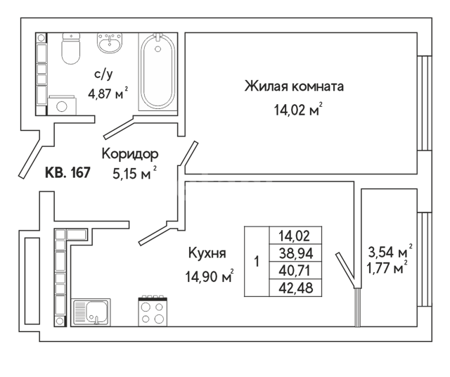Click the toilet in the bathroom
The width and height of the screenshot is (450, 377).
point(71,49)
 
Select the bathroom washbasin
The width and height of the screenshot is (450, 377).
point(110,43)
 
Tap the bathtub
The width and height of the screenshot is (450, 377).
point(157,72)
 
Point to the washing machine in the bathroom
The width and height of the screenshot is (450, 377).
point(62,106)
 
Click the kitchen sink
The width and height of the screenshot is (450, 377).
point(91,312)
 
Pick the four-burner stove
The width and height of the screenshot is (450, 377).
point(153,312)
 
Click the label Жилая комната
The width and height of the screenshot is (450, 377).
point(294,86)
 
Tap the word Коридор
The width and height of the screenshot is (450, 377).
point(130,154)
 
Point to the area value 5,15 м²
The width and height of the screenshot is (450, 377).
point(134,173)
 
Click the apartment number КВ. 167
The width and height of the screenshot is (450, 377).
point(68,172)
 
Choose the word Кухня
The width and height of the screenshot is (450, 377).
point(207,253)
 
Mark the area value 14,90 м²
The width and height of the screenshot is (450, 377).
point(210,276)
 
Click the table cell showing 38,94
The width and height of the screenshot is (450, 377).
point(295,253)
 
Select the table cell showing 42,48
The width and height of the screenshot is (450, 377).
point(295,288)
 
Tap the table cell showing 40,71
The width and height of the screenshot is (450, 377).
point(295,270)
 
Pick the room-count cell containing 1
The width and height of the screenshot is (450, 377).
point(257,261)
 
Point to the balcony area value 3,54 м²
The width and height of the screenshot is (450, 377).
point(390,252)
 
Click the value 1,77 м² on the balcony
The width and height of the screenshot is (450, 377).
point(387,268)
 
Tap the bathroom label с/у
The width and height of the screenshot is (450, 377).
point(103,75)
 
